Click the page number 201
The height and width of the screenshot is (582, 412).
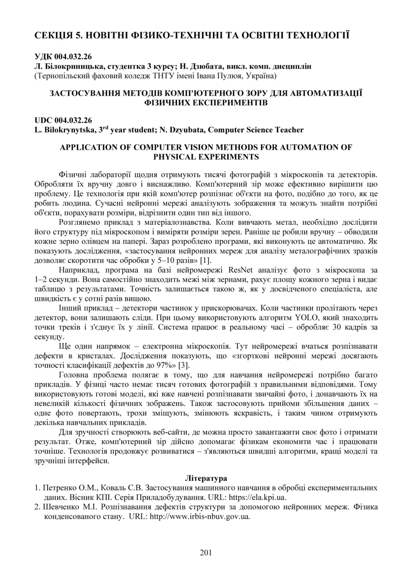click(x=206, y=552)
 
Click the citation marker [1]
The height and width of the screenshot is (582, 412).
click(x=206, y=260)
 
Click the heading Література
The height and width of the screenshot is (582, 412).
click(x=206, y=478)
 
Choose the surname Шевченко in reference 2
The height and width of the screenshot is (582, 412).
click(x=62, y=507)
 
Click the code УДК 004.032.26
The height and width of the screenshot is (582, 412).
click(x=63, y=57)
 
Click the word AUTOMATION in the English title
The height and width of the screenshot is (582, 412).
click(x=302, y=147)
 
